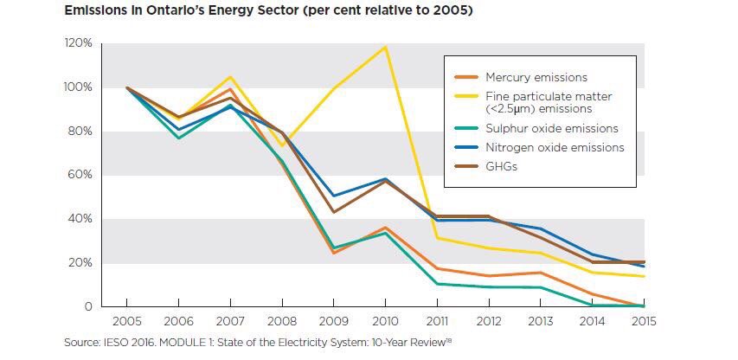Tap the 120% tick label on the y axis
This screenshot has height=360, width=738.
77,43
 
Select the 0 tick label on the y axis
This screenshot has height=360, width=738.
87,306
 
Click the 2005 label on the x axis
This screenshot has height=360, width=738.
128,324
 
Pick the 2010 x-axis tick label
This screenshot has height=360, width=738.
385,324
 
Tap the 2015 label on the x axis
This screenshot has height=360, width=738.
642,324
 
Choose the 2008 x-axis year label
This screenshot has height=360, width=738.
282,324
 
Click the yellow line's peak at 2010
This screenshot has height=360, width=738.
385,47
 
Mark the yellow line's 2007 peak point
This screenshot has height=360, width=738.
230,77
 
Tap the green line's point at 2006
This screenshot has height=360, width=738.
179,138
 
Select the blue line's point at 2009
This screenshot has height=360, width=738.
333,196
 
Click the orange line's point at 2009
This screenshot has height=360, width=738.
333,253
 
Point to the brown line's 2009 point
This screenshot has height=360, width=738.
333,212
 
